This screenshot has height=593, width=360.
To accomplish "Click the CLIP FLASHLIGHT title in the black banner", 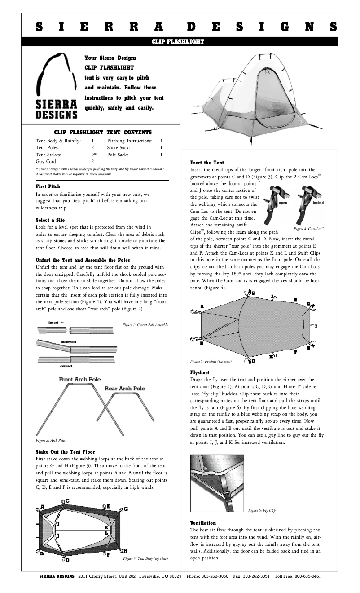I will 178,42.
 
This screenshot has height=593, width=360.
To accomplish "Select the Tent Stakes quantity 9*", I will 93,154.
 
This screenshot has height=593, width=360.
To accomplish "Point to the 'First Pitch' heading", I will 48,186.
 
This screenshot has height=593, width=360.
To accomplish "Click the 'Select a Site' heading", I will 50,220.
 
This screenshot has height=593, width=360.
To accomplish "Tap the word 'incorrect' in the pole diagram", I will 68,342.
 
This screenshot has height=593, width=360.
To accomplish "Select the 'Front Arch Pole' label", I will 80,380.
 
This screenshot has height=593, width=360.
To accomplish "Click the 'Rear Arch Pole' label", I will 125,388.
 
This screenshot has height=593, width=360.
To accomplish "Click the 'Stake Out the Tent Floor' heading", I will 65,451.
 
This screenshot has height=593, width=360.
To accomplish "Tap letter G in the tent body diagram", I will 126,509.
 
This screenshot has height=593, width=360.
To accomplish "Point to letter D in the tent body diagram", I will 66,560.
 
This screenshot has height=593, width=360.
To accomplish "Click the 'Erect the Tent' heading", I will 207,162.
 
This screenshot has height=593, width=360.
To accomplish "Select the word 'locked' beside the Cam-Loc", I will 318,203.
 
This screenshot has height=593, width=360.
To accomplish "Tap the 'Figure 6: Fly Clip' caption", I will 262,510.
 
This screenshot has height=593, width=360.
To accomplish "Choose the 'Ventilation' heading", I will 203,523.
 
